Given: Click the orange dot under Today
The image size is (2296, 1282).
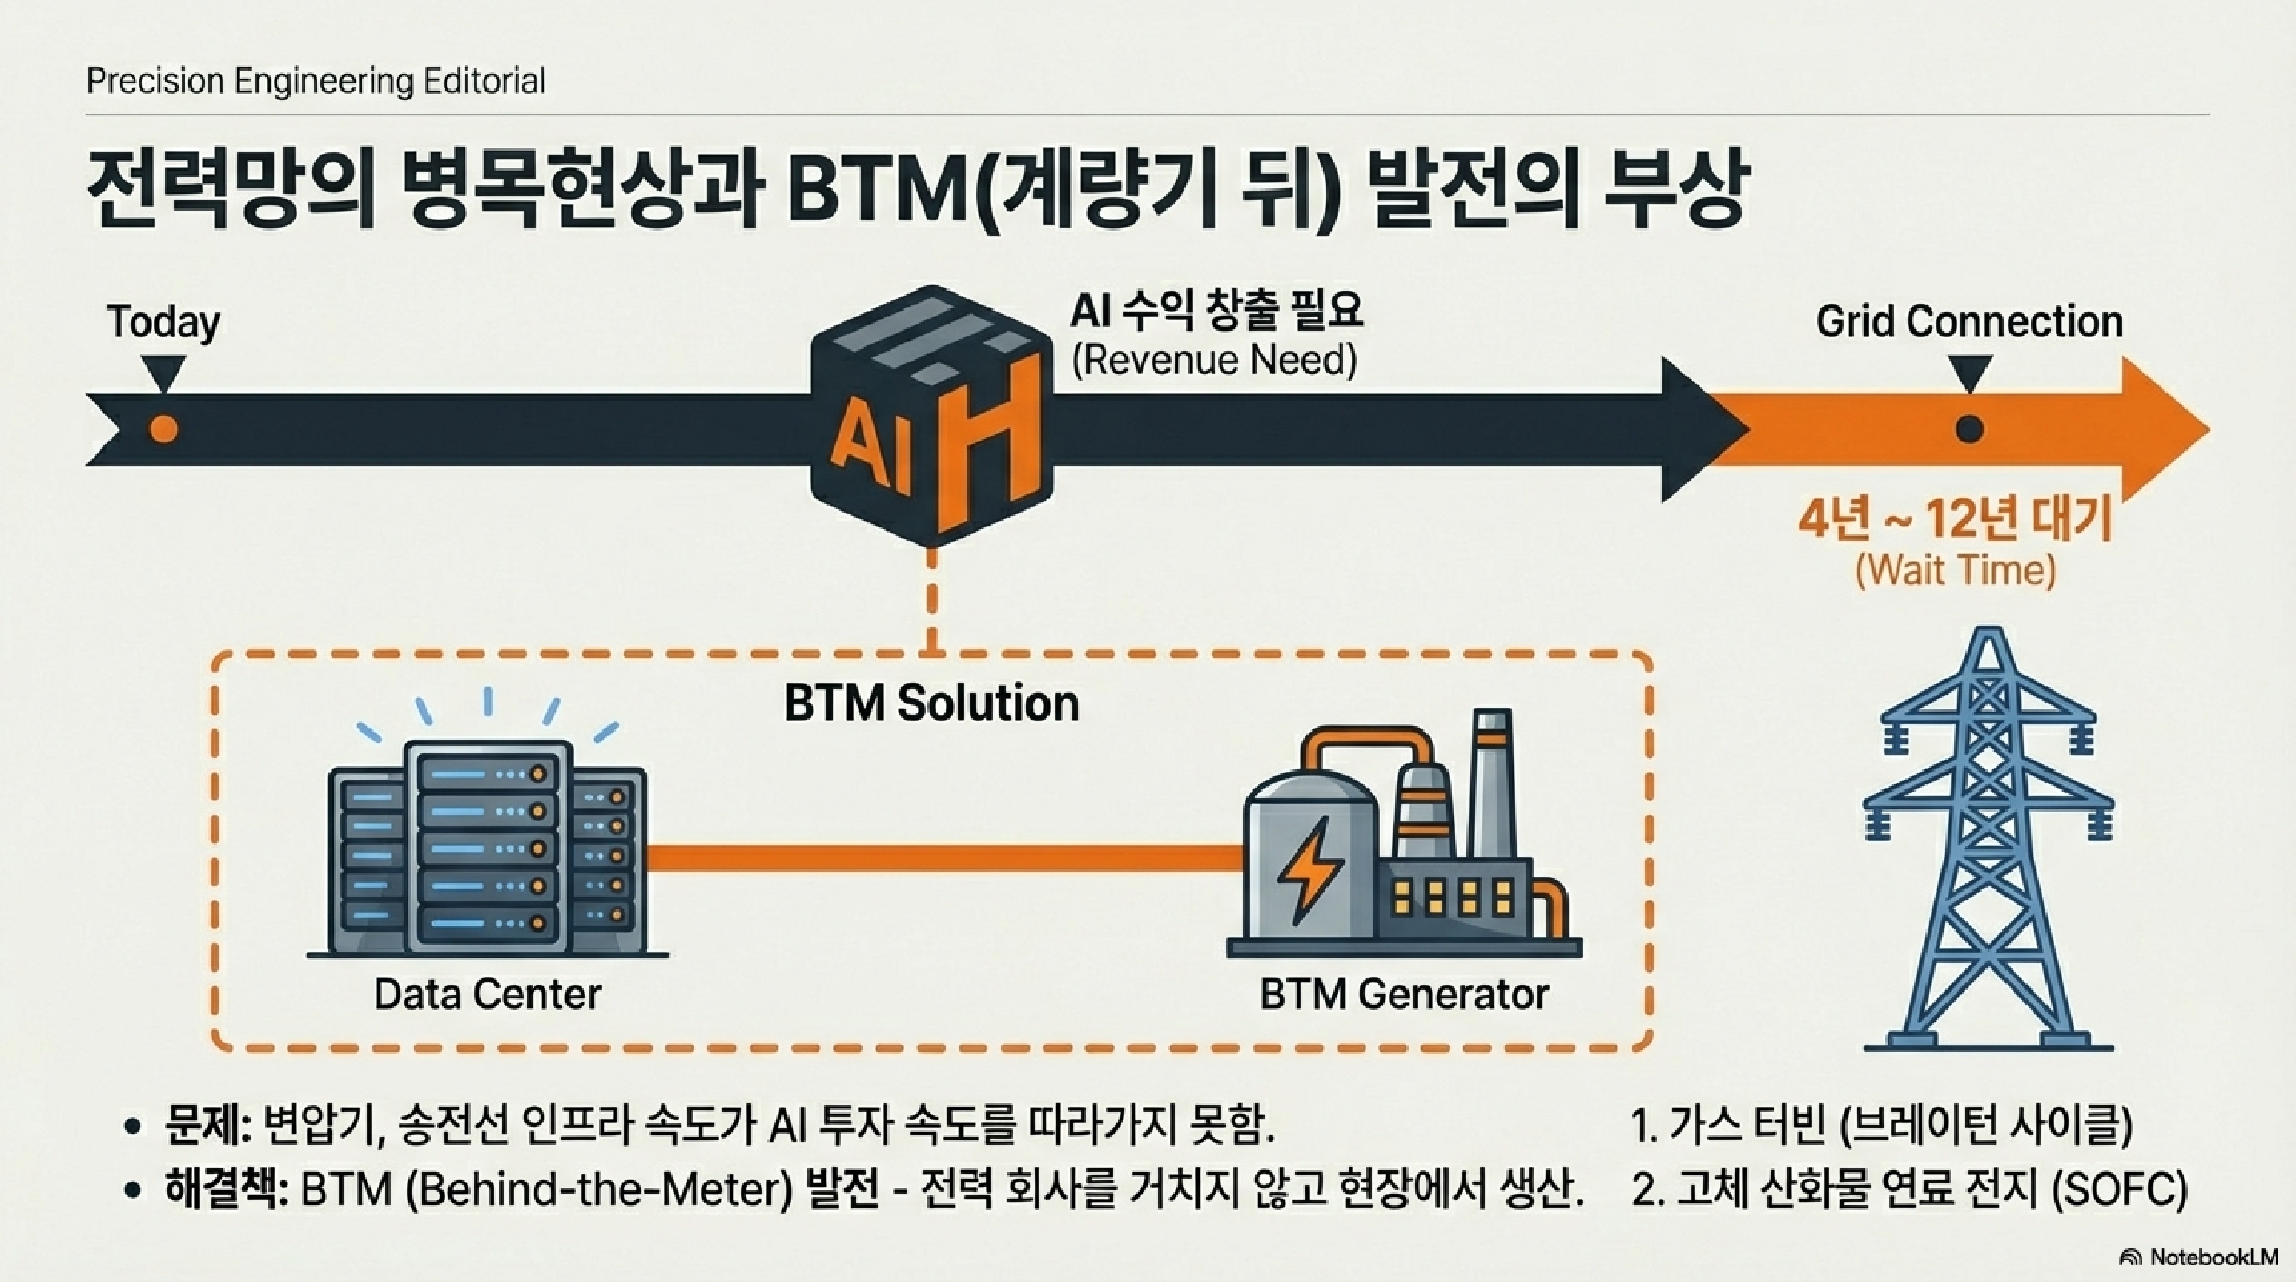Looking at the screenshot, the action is tap(163, 429).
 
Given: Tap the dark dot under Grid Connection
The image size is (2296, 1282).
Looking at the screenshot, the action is tap(1969, 429).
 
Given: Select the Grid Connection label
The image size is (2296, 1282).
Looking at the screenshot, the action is tap(1969, 322).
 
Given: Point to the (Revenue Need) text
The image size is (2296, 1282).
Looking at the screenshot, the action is tap(1214, 361).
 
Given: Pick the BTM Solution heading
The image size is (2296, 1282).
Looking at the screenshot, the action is tap(931, 703).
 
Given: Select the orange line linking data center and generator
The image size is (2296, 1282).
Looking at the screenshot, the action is tap(945, 857).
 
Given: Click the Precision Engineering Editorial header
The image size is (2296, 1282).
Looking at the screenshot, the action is tap(316, 81).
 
